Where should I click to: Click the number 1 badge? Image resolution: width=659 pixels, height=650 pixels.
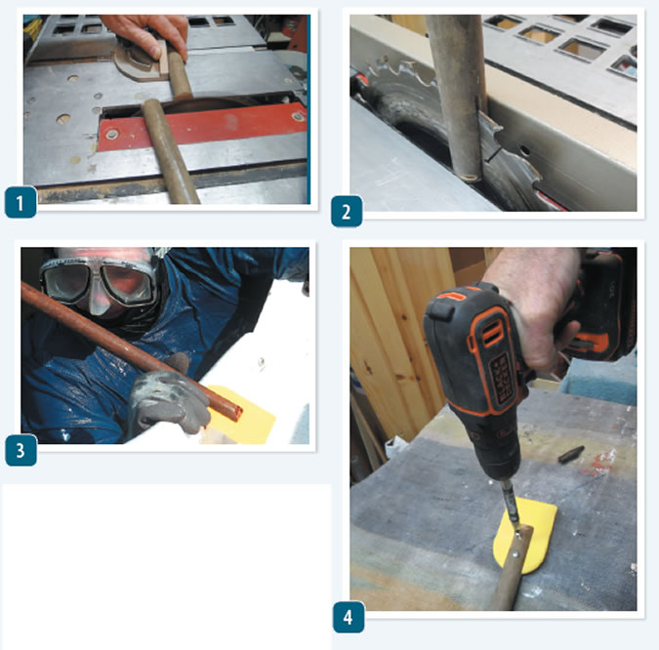[x=21, y=203]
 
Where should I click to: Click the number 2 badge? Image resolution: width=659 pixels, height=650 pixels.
[x=347, y=212]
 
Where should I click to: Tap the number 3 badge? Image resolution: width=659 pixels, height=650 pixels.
[x=21, y=450]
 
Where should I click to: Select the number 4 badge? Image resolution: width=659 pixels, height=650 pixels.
[x=349, y=617]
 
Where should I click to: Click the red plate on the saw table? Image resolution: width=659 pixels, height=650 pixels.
[x=202, y=127]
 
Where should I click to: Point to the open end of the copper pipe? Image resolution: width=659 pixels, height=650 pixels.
[x=235, y=411]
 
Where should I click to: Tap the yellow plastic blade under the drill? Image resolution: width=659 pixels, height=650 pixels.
[x=526, y=535]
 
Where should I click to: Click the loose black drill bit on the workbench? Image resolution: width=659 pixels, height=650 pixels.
[x=571, y=454]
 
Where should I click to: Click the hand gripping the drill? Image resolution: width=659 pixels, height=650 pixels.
[x=534, y=303]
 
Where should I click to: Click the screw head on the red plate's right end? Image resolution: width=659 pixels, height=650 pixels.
[x=298, y=117]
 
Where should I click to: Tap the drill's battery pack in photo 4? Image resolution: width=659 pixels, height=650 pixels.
[x=605, y=303]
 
